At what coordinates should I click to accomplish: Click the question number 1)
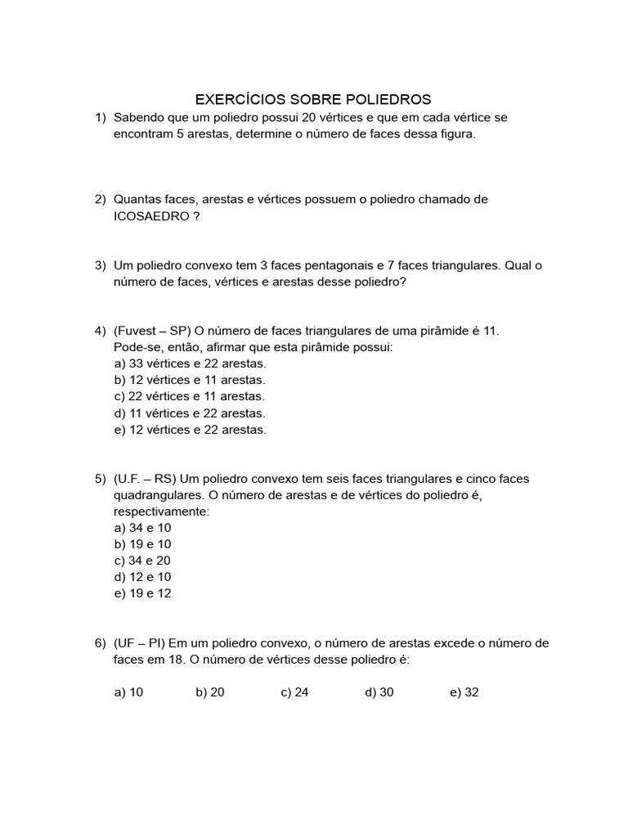pyautogui.click(x=101, y=118)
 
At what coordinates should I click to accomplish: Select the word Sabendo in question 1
pyautogui.click(x=140, y=118)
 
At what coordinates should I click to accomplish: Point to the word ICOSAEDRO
pyautogui.click(x=151, y=216)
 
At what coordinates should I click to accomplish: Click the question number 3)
pyautogui.click(x=101, y=265)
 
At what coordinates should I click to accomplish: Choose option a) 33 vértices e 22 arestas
pyautogui.click(x=191, y=363)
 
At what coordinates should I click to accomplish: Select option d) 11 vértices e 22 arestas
pyautogui.click(x=190, y=413)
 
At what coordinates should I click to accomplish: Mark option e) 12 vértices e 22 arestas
pyautogui.click(x=191, y=430)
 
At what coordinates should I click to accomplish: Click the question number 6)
pyautogui.click(x=101, y=643)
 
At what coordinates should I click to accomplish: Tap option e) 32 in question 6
pyautogui.click(x=464, y=692)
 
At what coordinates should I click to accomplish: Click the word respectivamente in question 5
pyautogui.click(x=161, y=511)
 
